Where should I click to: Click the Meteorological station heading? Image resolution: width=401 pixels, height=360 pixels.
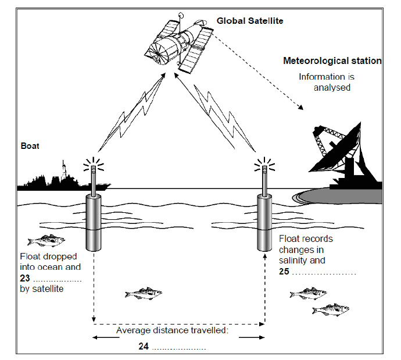(x=332, y=60)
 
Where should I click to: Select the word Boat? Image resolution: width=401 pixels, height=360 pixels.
(x=30, y=146)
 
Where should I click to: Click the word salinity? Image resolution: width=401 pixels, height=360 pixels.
(x=294, y=261)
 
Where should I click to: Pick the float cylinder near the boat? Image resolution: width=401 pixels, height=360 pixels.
(x=94, y=222)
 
